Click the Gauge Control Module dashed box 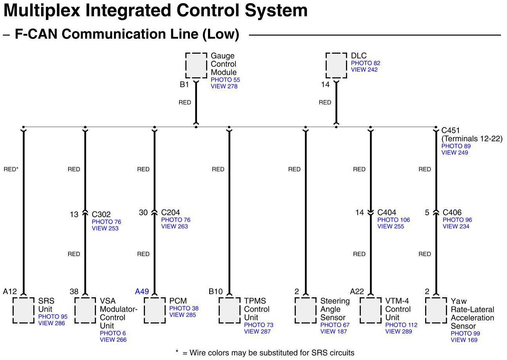tap(196, 65)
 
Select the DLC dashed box tap(336, 65)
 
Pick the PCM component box tap(154, 310)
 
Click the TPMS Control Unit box tap(229, 310)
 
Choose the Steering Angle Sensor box tap(305, 310)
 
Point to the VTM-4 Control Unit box tap(370, 310)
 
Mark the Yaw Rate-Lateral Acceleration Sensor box tap(436, 310)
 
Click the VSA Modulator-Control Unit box tap(85, 310)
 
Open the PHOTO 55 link tap(225, 80)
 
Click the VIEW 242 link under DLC tap(364, 70)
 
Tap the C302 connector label tap(101, 215)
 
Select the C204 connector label tap(170, 213)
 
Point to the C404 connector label tap(387, 213)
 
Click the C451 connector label tap(451, 130)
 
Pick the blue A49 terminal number tap(142, 291)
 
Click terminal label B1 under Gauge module tap(184, 84)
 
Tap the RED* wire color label tap(11, 169)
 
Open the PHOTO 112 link tap(401, 325)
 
